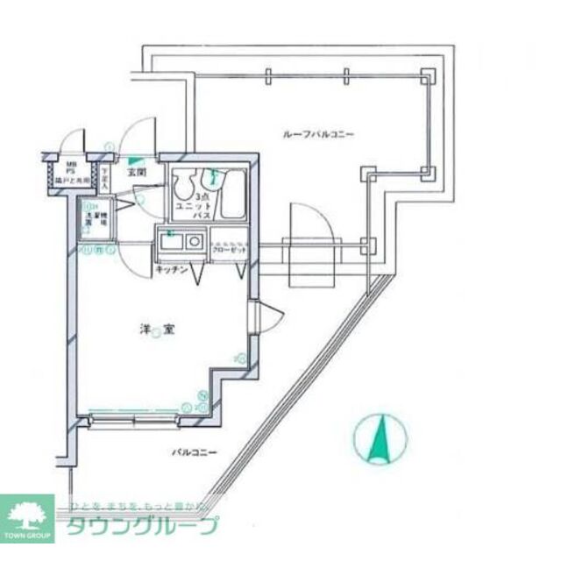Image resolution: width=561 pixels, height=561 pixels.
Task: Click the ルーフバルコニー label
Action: click(x=317, y=134)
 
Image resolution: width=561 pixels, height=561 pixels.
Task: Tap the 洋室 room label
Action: click(x=156, y=330)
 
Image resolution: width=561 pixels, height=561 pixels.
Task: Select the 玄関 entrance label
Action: click(x=138, y=173)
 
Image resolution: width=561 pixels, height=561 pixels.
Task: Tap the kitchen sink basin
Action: click(x=170, y=240)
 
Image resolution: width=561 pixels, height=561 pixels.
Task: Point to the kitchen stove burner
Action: click(x=194, y=240)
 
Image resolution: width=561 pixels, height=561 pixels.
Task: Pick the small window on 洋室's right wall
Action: click(x=252, y=316)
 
